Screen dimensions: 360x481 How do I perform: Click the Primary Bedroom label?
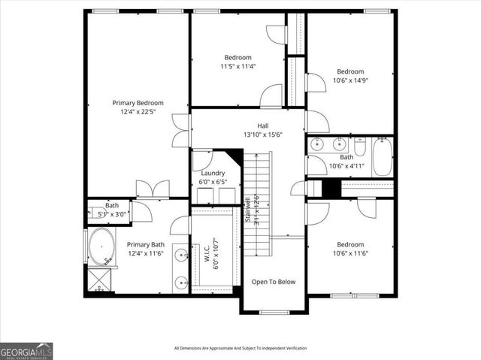pyautogui.click(x=138, y=103)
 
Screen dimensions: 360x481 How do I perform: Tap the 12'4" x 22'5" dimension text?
pyautogui.click(x=138, y=113)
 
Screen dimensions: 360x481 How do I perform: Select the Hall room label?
pyautogui.click(x=262, y=126)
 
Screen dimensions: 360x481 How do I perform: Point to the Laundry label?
pyautogui.click(x=213, y=173)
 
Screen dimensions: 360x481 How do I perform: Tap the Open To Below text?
pyautogui.click(x=274, y=282)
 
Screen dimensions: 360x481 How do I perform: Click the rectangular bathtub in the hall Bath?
pyautogui.click(x=381, y=156)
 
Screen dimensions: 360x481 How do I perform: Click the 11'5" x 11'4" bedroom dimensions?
pyautogui.click(x=237, y=66)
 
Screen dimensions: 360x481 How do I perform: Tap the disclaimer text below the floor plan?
pyautogui.click(x=240, y=348)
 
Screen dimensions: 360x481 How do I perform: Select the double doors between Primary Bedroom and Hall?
pyautogui.click(x=178, y=131)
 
